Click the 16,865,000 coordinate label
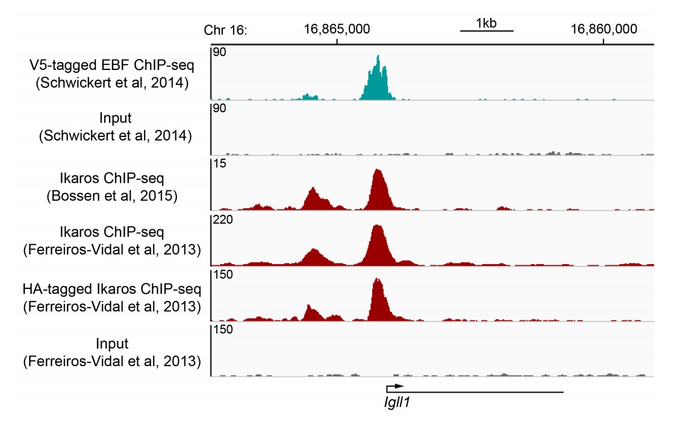coord(337,28)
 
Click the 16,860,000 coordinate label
coord(604,28)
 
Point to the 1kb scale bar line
coord(486,30)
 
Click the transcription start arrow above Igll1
coord(395,385)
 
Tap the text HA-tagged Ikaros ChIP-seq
coord(111,291)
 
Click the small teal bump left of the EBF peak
coord(310,96)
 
